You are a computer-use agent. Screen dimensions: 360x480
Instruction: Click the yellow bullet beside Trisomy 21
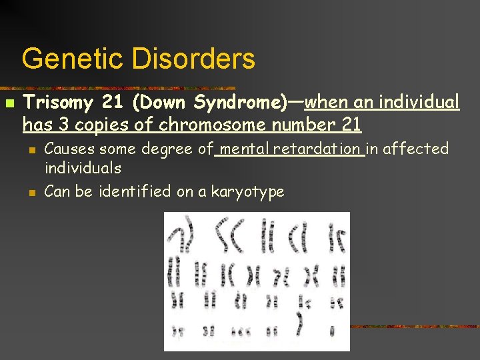(9, 104)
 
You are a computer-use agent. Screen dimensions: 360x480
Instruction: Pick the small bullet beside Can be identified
(31, 193)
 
